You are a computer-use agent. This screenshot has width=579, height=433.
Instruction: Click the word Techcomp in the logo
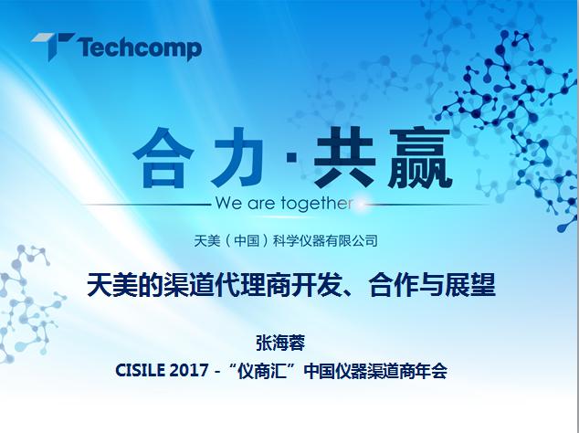(x=140, y=48)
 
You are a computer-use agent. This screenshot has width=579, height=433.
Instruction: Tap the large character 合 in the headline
(x=163, y=158)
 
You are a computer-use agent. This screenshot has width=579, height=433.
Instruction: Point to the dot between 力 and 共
(x=291, y=157)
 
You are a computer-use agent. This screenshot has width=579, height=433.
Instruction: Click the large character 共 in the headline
(x=344, y=157)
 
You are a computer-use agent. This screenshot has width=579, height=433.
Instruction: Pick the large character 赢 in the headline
(x=420, y=158)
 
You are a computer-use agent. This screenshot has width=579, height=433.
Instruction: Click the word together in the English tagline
(x=316, y=204)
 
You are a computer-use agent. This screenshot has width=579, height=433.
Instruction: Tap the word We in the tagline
(x=230, y=204)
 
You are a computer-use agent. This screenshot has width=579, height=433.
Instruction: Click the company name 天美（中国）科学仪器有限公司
(x=286, y=241)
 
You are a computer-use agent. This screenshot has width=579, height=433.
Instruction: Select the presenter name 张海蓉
(x=280, y=343)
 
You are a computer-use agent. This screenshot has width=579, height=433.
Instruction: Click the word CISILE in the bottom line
(x=140, y=370)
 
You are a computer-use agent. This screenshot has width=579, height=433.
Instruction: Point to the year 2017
(x=189, y=370)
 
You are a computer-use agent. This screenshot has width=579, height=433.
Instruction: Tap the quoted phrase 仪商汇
(x=262, y=371)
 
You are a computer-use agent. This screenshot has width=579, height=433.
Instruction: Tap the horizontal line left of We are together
(x=146, y=205)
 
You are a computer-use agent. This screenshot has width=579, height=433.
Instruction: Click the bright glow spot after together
(x=361, y=204)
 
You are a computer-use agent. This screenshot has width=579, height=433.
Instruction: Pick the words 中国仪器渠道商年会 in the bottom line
(x=375, y=371)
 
